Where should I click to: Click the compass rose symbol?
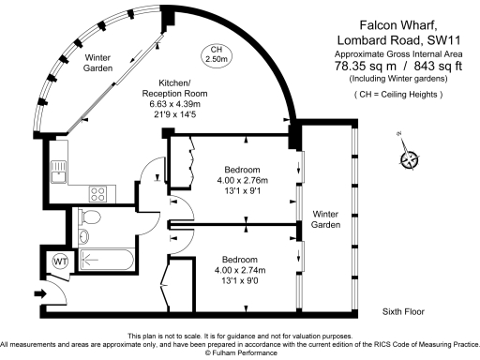pos(409,158)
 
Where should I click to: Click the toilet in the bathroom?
pos(90,218)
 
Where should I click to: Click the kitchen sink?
pos(58,170)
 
